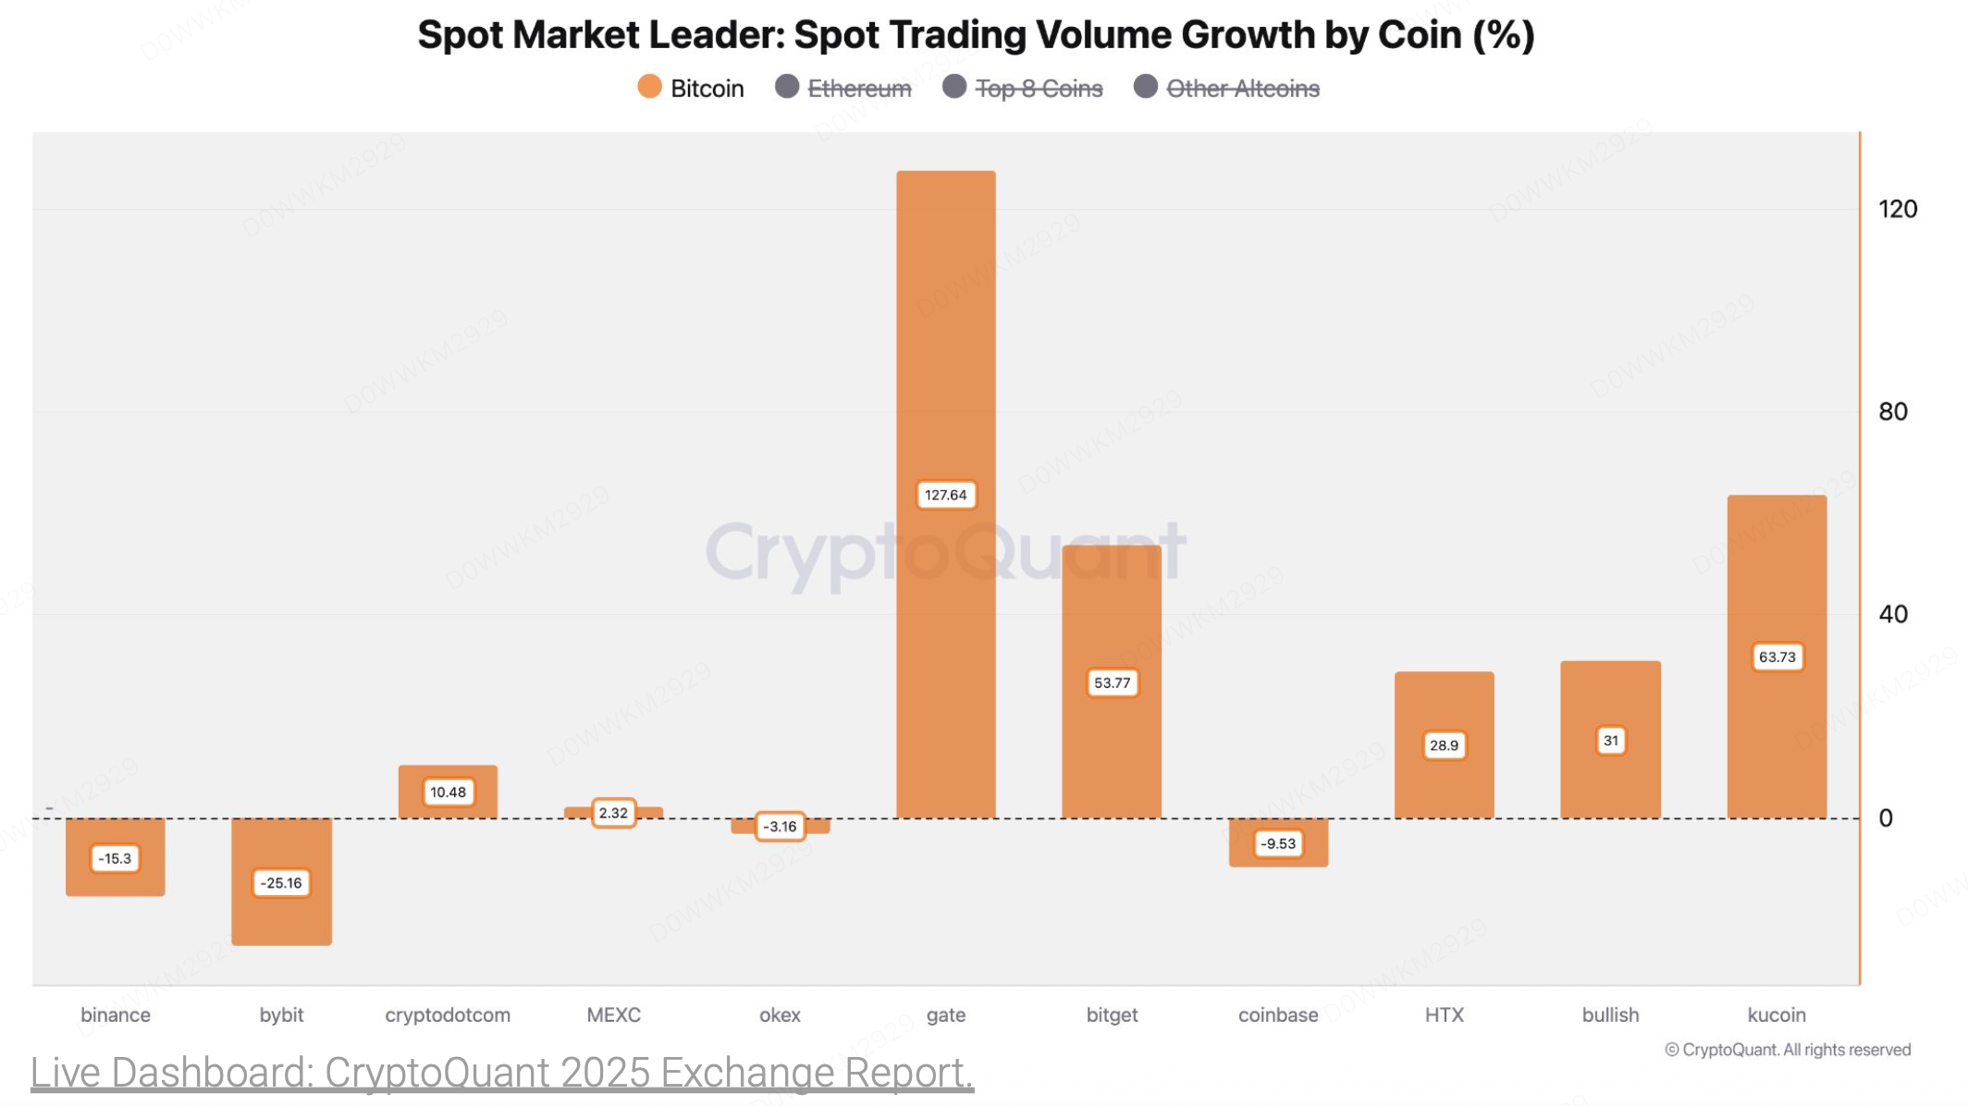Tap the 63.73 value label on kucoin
point(1777,657)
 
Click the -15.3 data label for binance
point(116,858)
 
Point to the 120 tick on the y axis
point(1897,209)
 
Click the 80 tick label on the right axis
point(1892,412)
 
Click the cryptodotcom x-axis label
point(448,1014)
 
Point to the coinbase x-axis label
point(1278,1014)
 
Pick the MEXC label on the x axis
point(613,1014)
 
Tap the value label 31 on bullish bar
point(1611,741)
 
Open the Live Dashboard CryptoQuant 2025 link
point(501,1073)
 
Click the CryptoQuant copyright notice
point(1788,1050)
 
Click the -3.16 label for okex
point(781,826)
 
